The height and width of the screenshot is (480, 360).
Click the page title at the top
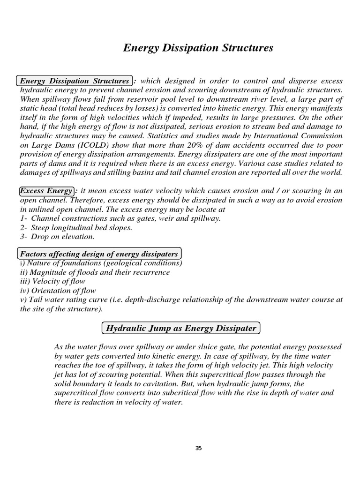[198, 48]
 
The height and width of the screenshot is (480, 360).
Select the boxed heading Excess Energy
[46, 191]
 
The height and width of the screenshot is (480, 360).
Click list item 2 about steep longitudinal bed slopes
[76, 227]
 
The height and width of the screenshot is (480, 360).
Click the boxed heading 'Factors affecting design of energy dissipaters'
[99, 254]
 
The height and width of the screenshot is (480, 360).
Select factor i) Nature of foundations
[101, 263]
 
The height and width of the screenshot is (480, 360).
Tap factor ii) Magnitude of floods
[95, 272]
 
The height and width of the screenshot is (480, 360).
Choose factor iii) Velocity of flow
[52, 281]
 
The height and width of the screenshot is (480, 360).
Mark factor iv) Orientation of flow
[58, 291]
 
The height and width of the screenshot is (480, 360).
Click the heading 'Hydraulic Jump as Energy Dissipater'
[181, 328]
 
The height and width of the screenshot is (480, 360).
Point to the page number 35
[198, 449]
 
